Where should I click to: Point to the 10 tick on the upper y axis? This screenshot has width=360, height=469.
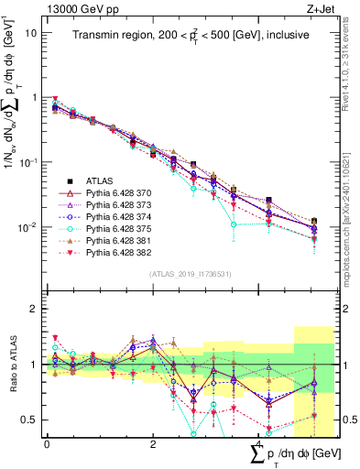tap(31, 33)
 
